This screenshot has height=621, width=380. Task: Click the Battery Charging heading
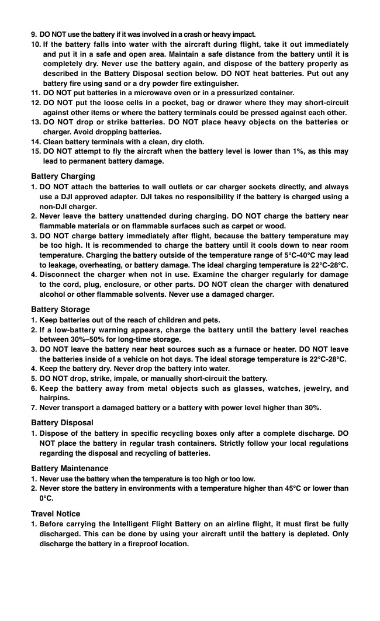point(63,176)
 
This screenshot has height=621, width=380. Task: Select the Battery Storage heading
point(60,309)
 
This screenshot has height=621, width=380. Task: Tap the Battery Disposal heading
point(62,422)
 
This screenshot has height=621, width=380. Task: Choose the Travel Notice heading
point(56,514)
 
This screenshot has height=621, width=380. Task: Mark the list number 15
point(35,151)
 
